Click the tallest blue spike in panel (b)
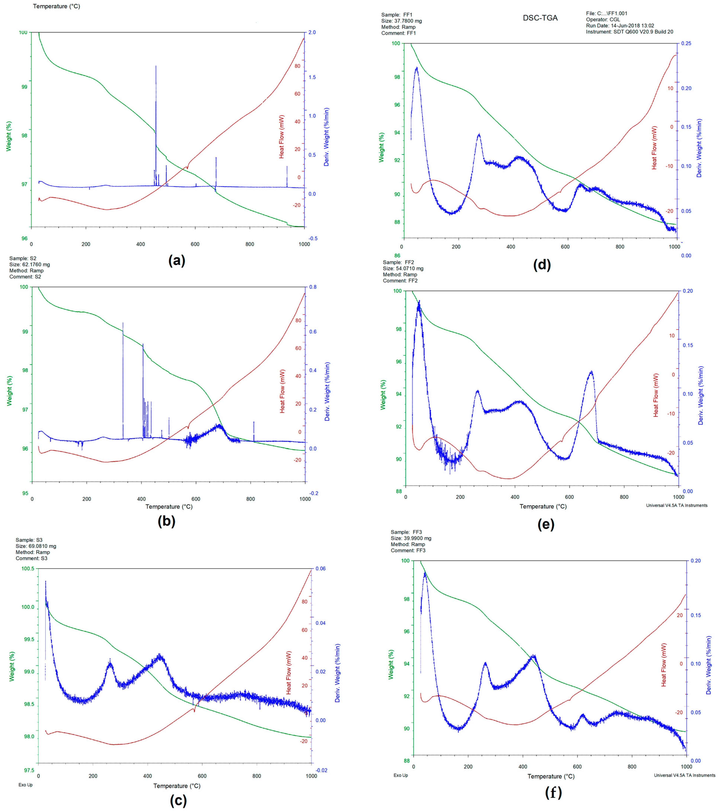(123, 324)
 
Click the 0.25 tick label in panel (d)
(686, 43)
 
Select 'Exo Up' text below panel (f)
(400, 775)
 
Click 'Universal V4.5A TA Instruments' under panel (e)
(677, 505)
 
